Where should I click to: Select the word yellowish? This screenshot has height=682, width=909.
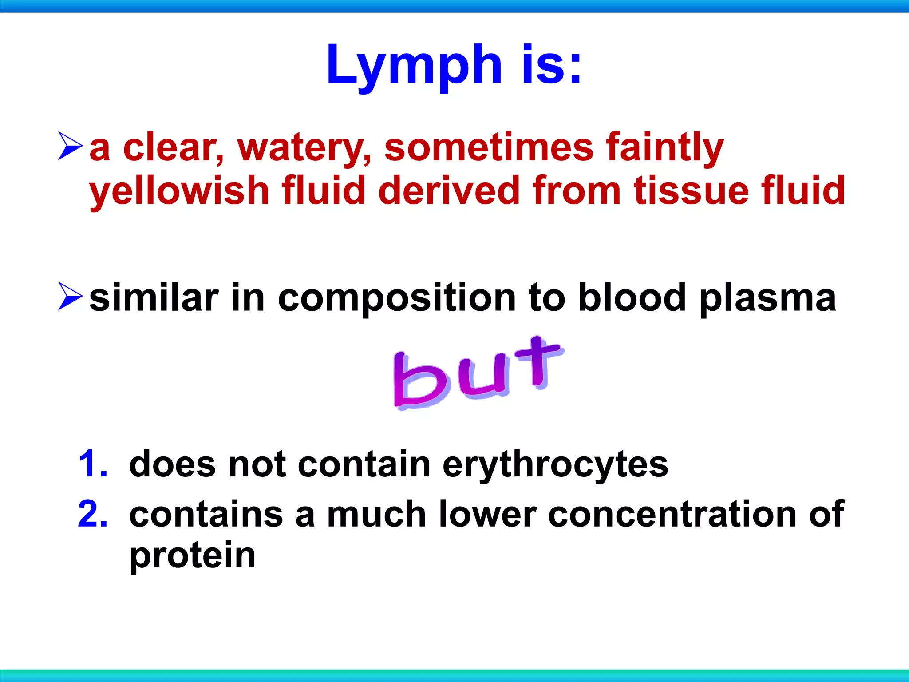pyautogui.click(x=179, y=191)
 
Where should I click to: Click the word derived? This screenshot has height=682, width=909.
pyautogui.click(x=449, y=191)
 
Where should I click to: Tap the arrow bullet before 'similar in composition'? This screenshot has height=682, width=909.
pyautogui.click(x=70, y=296)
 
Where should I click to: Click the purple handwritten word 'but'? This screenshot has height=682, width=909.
pyautogui.click(x=477, y=373)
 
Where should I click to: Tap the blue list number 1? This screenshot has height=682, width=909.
pyautogui.click(x=93, y=464)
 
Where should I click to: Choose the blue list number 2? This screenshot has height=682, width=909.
pyautogui.click(x=93, y=514)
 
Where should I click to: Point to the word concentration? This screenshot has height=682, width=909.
pyautogui.click(x=672, y=514)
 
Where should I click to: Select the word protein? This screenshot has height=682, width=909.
pyautogui.click(x=192, y=556)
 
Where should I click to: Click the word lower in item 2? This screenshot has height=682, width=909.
pyautogui.click(x=487, y=514)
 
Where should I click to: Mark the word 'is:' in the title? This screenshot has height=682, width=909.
pyautogui.click(x=551, y=66)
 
